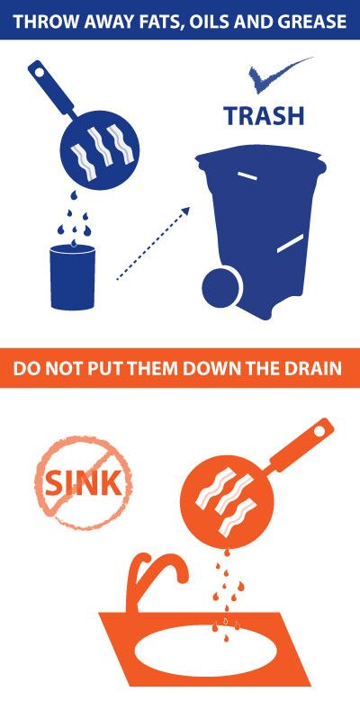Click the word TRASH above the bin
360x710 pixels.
(264, 116)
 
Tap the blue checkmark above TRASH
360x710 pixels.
(274, 76)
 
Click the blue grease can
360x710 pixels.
(72, 274)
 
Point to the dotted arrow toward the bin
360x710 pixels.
(152, 244)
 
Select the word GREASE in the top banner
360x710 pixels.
(311, 21)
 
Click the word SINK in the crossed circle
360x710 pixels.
(82, 483)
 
